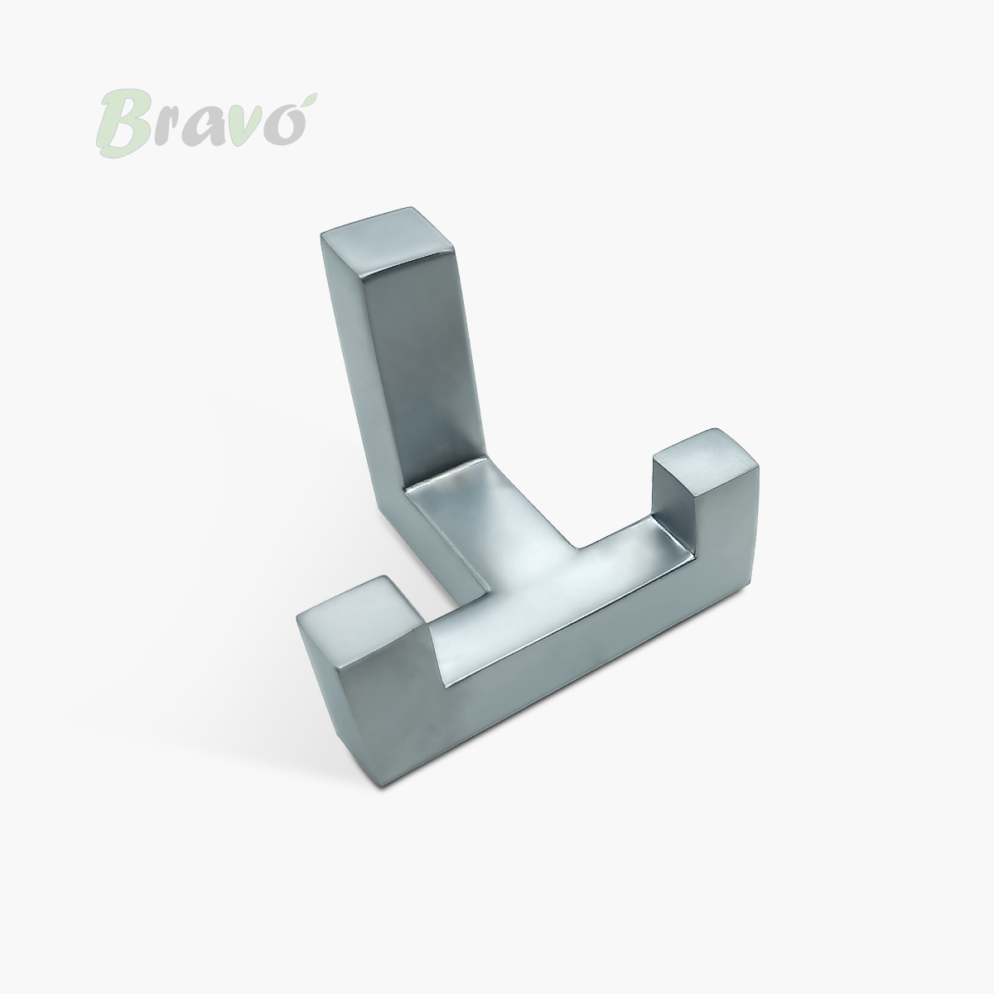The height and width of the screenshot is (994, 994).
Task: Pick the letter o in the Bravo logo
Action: tap(287, 127)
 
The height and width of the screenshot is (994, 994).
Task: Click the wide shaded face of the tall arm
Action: tap(423, 371)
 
